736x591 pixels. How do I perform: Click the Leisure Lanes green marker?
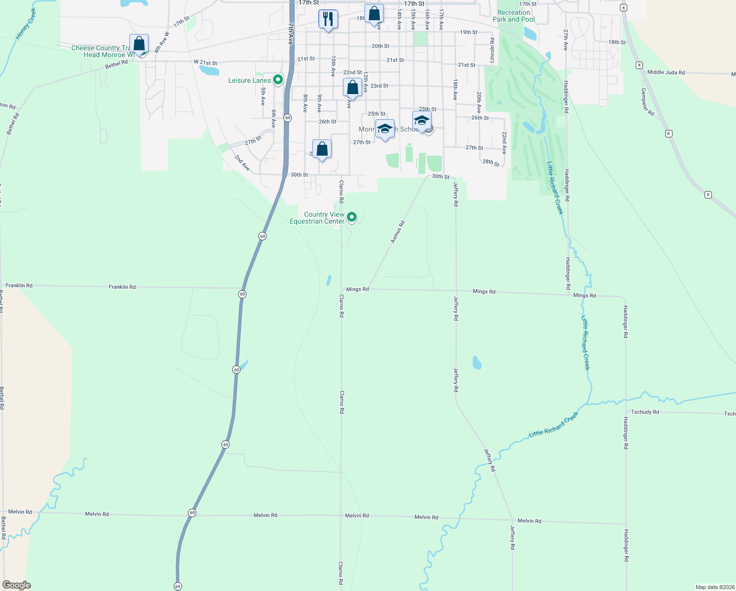click(278, 79)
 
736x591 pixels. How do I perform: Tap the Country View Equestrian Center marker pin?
click(352, 216)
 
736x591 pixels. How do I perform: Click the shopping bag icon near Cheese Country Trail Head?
click(139, 44)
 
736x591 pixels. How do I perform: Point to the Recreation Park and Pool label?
click(514, 16)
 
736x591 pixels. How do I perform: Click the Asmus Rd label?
click(398, 231)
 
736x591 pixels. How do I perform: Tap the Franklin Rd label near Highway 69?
click(122, 287)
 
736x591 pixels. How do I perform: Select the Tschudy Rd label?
click(645, 412)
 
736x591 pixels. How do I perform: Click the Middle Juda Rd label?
click(666, 72)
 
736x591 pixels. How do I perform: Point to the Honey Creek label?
click(26, 24)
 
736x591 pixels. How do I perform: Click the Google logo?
click(17, 585)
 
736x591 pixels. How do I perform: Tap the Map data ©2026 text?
click(715, 587)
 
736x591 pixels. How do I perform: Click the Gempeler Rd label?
click(647, 102)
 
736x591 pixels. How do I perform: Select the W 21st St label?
click(205, 63)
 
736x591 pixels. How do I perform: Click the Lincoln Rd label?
click(492, 50)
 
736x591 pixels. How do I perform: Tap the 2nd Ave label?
click(242, 163)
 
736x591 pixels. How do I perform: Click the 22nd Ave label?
click(504, 143)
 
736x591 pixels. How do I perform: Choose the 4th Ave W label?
click(161, 42)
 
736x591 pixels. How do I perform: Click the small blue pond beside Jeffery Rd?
click(476, 363)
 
